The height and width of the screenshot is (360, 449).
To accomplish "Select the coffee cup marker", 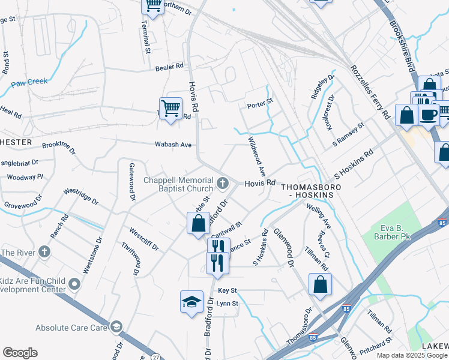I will [428, 115].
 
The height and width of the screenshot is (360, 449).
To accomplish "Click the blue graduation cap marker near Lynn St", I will [191, 302].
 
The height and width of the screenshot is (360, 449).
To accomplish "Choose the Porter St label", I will [260, 106].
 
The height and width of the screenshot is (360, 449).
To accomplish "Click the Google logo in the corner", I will [20, 353].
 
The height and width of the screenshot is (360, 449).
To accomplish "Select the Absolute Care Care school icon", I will [116, 328].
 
